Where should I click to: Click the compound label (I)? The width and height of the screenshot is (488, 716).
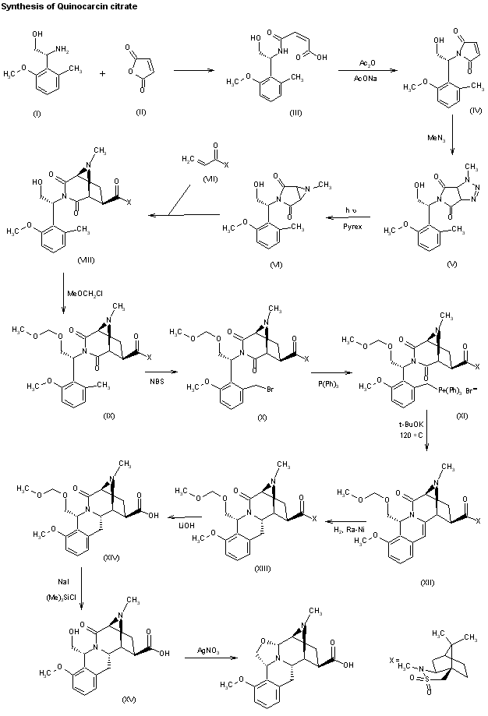[x=37, y=115]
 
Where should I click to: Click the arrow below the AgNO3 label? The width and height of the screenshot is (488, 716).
[x=207, y=659]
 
